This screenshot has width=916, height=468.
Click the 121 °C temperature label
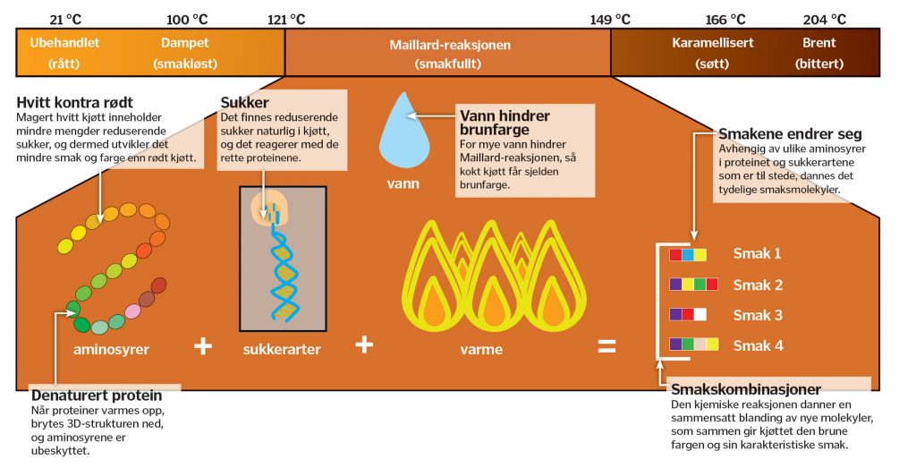pos(286,19)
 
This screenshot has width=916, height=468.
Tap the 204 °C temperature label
pos(825,19)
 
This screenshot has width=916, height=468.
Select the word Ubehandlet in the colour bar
pos(64,42)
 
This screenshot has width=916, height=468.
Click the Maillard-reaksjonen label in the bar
pos(448,44)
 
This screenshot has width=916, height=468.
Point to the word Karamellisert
pos(713,42)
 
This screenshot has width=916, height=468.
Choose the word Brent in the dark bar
pos(819,42)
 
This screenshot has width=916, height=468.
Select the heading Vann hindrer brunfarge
pos(505,123)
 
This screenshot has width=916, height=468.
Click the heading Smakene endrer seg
pos(778,133)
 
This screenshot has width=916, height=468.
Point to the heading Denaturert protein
pos(97,395)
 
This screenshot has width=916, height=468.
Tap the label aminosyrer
pos(111,349)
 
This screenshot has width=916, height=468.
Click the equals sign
pos(606,345)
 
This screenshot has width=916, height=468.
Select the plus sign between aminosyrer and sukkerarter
pos(203,345)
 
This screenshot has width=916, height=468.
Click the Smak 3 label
pos(758,315)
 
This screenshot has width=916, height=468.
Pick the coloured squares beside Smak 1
pos(688,254)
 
